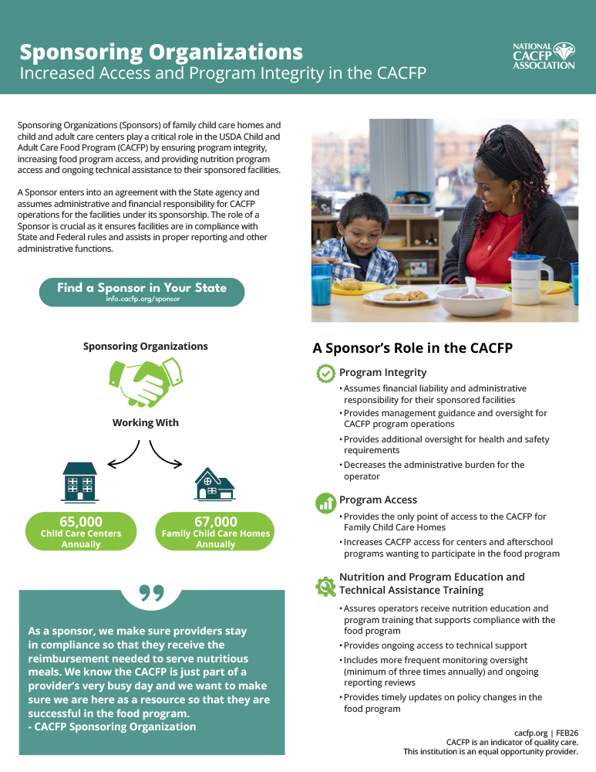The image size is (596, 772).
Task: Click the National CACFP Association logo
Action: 544,56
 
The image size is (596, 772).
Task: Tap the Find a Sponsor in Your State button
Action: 142,292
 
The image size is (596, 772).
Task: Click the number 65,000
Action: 81,522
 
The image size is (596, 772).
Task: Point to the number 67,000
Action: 216,522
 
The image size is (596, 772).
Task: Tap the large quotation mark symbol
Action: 152,593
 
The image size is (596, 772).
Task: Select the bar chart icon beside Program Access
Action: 325,503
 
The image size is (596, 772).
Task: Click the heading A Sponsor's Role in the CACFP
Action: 412,348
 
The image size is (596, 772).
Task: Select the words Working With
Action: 145,423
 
